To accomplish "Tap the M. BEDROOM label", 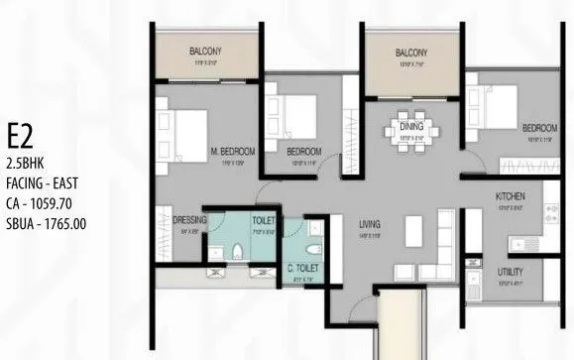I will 233,151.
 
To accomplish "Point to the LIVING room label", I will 370,225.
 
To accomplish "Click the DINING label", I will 411,128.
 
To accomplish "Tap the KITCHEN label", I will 510,197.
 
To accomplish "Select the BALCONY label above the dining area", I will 410,52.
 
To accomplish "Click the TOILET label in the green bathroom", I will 264,220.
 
